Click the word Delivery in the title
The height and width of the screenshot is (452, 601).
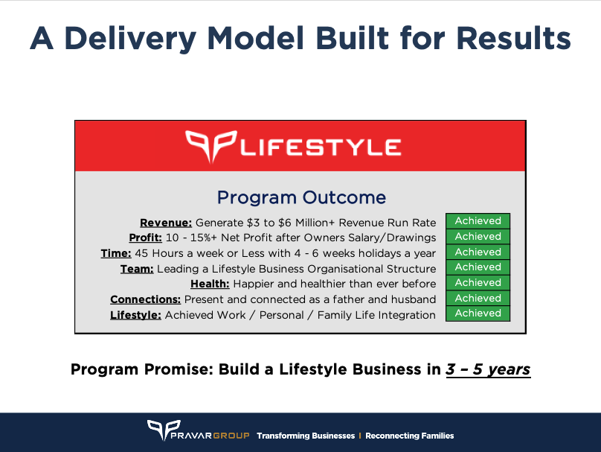(130, 39)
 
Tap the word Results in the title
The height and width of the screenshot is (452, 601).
(514, 38)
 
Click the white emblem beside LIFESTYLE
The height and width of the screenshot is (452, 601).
(210, 146)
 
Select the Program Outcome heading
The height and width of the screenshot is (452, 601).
(301, 197)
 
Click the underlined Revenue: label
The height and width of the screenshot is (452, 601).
(166, 223)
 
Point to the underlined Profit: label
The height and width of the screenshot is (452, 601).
(145, 238)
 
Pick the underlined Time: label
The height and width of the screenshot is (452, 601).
(116, 254)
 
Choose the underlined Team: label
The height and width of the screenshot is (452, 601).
(137, 269)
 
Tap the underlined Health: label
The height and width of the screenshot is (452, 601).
(210, 284)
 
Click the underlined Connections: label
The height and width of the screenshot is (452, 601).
(145, 299)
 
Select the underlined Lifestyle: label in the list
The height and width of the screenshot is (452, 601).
(135, 315)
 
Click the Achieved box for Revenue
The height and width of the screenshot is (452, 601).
(478, 220)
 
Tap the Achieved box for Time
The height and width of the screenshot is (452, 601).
(478, 252)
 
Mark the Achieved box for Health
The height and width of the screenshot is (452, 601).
(478, 282)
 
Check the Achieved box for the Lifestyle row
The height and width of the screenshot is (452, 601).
(478, 313)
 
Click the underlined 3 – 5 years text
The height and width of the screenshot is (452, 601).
(488, 369)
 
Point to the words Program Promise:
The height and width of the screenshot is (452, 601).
(142, 369)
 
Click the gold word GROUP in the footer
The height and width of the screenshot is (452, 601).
(231, 436)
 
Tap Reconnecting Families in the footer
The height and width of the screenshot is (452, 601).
(409, 436)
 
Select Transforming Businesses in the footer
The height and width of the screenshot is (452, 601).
(306, 436)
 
